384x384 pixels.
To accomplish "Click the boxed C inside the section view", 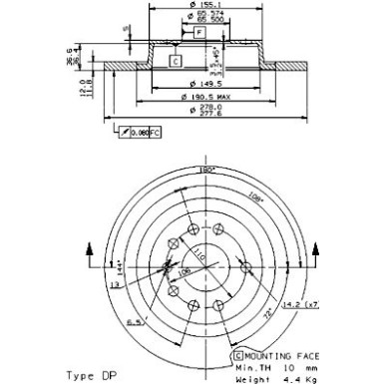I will click(x=176, y=62).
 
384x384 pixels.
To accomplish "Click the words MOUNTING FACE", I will click(x=274, y=355).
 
